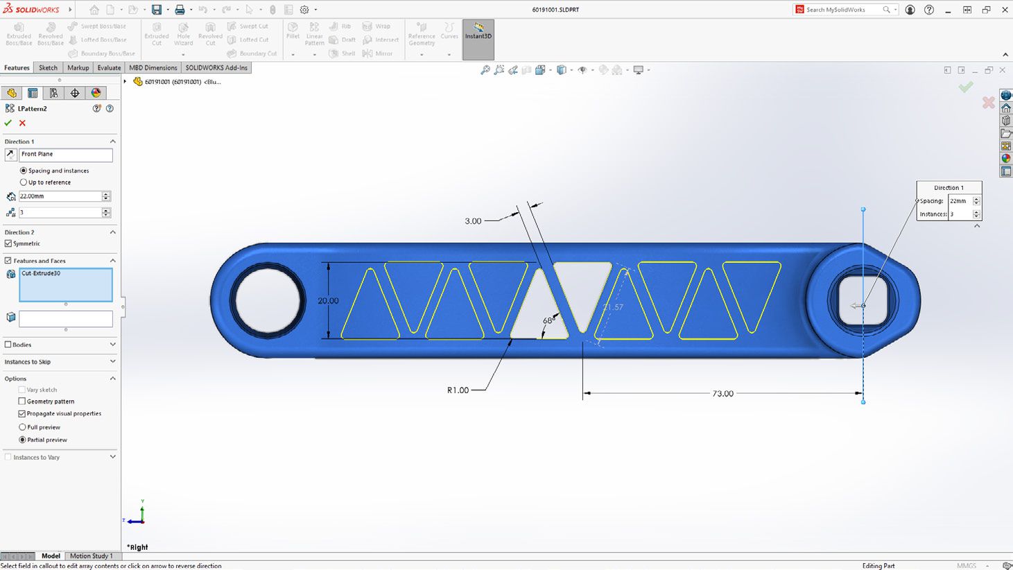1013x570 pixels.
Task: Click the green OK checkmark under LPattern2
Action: [x=8, y=123]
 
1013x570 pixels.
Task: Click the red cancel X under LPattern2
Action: [x=22, y=123]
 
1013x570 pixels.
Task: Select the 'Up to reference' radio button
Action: [x=24, y=182]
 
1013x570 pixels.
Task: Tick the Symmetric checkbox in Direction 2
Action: [x=8, y=243]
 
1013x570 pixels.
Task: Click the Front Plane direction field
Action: [x=65, y=155]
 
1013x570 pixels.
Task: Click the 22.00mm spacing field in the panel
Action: [x=60, y=196]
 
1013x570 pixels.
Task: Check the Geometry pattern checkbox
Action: [x=22, y=401]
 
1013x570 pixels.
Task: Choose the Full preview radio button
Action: [x=22, y=427]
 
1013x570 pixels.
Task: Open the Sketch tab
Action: [x=48, y=68]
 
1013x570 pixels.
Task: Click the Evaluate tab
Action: [x=109, y=68]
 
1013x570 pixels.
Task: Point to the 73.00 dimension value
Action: [x=722, y=393]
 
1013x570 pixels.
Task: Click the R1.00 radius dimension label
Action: [x=458, y=390]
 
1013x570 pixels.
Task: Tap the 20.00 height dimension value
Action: [x=328, y=301]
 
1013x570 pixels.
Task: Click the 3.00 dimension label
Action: [x=473, y=221]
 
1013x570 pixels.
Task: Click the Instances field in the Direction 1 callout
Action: [x=960, y=214]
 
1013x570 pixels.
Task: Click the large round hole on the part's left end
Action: [x=268, y=301]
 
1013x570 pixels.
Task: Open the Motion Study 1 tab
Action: [x=91, y=556]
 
